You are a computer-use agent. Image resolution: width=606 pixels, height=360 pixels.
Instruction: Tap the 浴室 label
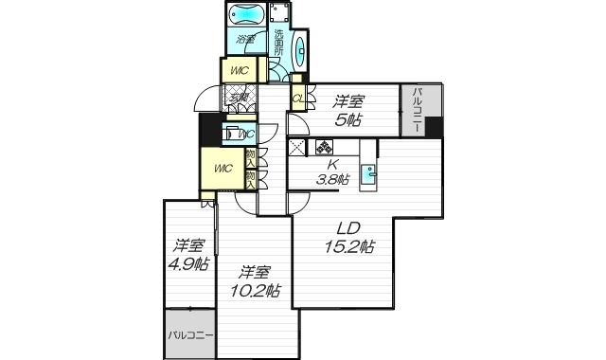pos(246,41)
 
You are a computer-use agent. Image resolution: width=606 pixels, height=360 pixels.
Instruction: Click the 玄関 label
pos(237,96)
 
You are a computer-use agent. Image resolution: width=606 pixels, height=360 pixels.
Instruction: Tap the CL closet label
pos(298,98)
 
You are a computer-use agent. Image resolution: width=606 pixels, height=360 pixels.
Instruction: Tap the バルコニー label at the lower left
pos(189,335)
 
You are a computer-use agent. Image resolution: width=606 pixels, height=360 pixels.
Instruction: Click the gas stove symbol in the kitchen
pos(325,148)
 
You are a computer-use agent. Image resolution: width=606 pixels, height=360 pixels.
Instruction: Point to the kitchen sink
pos(373,172)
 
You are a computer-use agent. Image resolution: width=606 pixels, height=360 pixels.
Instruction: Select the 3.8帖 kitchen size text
pos(331,179)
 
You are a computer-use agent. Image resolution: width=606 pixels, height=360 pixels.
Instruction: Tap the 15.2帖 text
pos(349,247)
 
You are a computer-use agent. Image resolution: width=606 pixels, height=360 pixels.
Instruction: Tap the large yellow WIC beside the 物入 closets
pos(223,170)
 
